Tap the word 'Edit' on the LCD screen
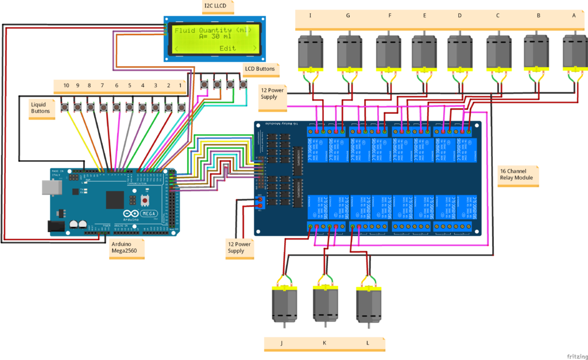(227, 48)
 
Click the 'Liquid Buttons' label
(40, 107)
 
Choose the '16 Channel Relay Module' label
(517, 174)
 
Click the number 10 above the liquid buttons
(66, 86)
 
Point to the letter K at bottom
(324, 343)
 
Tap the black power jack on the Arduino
(56, 226)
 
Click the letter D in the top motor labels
(459, 16)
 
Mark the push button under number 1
(181, 107)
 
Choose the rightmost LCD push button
(243, 85)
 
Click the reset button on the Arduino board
(145, 200)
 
